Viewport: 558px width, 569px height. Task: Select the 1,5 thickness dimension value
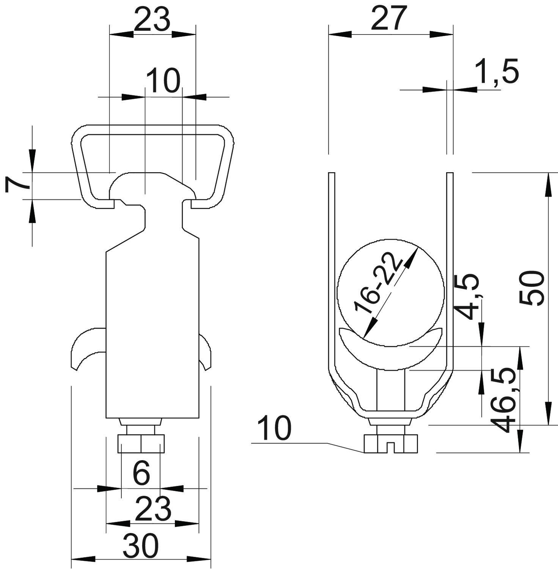click(497, 72)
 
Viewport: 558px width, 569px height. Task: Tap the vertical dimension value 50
click(532, 288)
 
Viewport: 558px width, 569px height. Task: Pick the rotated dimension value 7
click(17, 185)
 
